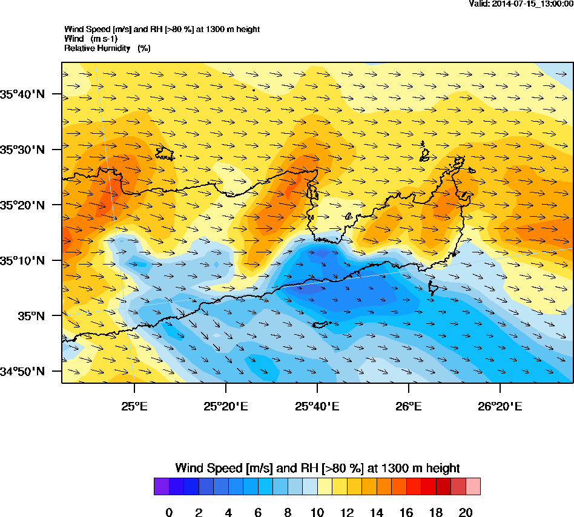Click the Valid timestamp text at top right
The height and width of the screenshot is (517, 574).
coord(521,4)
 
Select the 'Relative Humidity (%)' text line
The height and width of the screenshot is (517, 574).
coord(107,48)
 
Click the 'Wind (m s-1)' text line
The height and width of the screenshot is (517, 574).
coord(91,39)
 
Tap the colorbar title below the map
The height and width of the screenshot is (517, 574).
coord(317,468)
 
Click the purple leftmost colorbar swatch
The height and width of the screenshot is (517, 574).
coord(161,487)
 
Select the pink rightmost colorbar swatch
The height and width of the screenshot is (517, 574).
coord(473,487)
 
